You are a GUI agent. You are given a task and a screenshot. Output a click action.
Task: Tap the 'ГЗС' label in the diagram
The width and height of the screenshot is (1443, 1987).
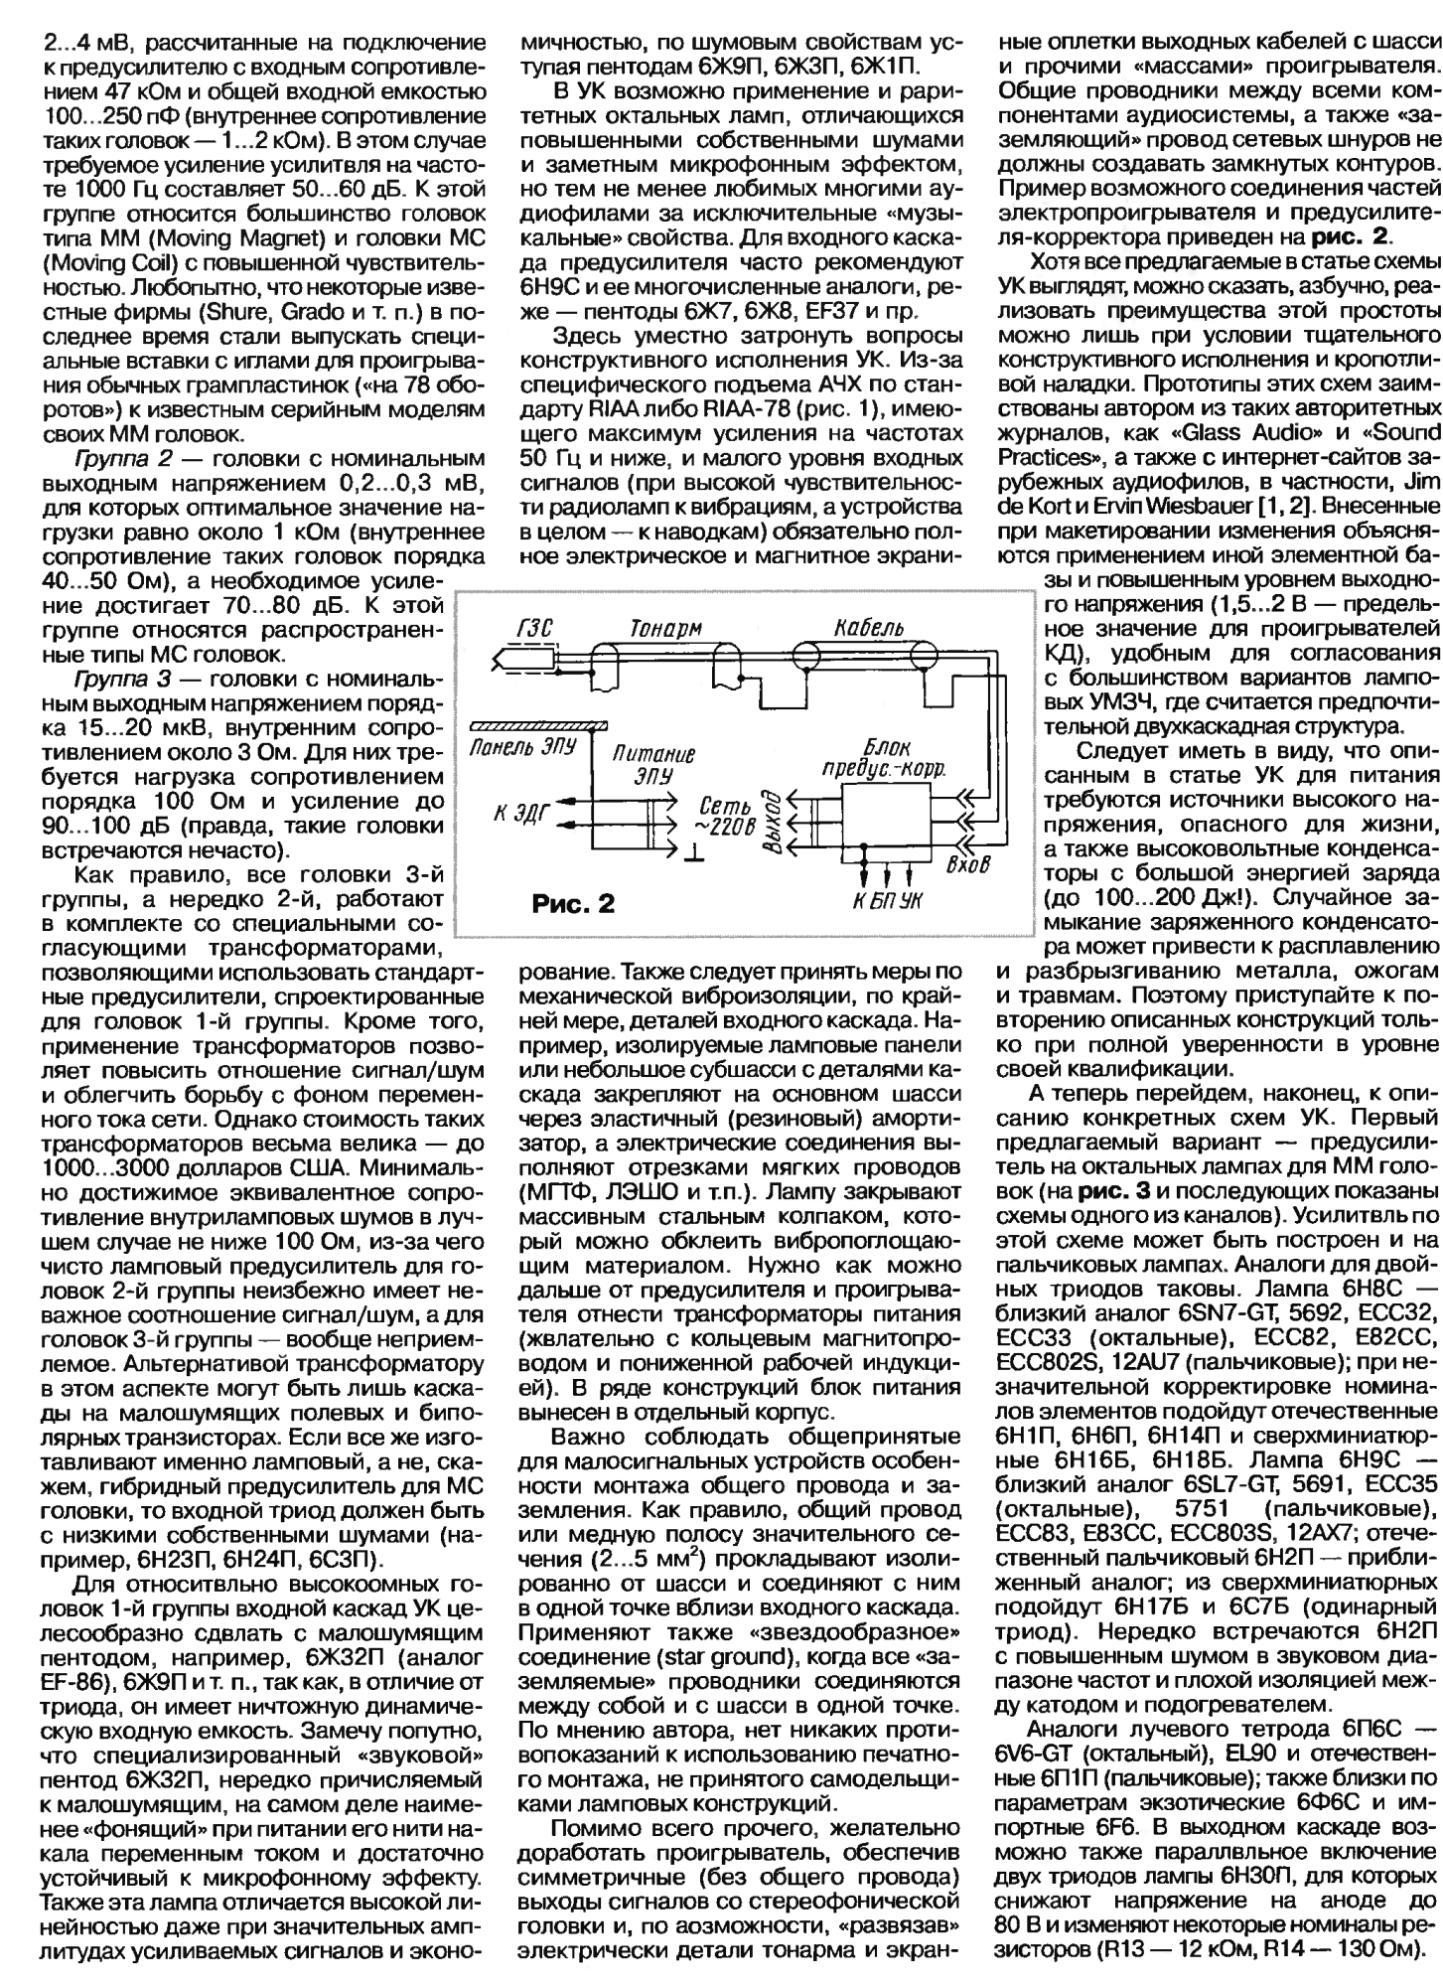(534, 625)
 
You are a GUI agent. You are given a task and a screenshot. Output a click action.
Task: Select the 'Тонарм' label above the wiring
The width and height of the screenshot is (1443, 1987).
(663, 626)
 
